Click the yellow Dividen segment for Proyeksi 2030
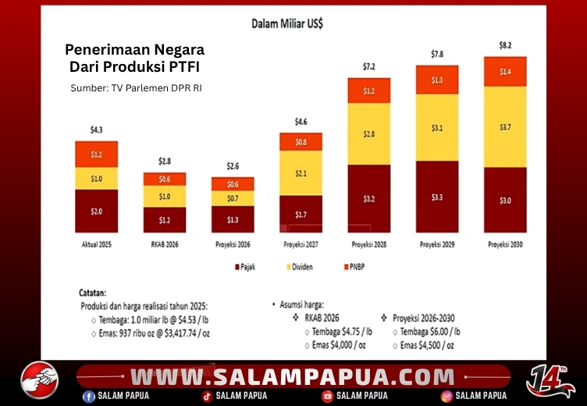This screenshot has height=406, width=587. (x=505, y=127)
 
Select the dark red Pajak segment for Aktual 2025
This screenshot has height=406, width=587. (x=97, y=211)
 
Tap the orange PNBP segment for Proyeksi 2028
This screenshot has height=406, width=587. (x=368, y=91)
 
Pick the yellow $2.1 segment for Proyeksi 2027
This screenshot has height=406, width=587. (x=301, y=173)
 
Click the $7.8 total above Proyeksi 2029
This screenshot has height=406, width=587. (x=437, y=55)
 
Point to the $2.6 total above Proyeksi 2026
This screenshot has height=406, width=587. (x=233, y=166)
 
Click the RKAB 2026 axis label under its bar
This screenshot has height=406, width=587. (x=165, y=244)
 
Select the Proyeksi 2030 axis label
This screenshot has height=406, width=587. (x=505, y=244)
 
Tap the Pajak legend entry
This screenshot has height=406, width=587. (x=245, y=267)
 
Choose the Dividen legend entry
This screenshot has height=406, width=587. (x=300, y=267)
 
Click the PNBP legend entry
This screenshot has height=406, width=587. (x=354, y=267)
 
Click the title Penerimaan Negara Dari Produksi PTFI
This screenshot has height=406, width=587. (x=135, y=58)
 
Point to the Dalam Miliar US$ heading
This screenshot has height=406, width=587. (x=287, y=24)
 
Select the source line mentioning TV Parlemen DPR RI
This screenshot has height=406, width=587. (x=137, y=88)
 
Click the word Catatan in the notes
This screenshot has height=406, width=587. (x=92, y=293)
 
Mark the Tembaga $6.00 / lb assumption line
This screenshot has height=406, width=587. (x=430, y=332)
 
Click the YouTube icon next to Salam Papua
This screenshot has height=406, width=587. (x=328, y=397)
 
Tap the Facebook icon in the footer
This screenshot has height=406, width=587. (x=89, y=397)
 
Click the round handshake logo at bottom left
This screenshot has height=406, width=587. (x=40, y=379)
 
